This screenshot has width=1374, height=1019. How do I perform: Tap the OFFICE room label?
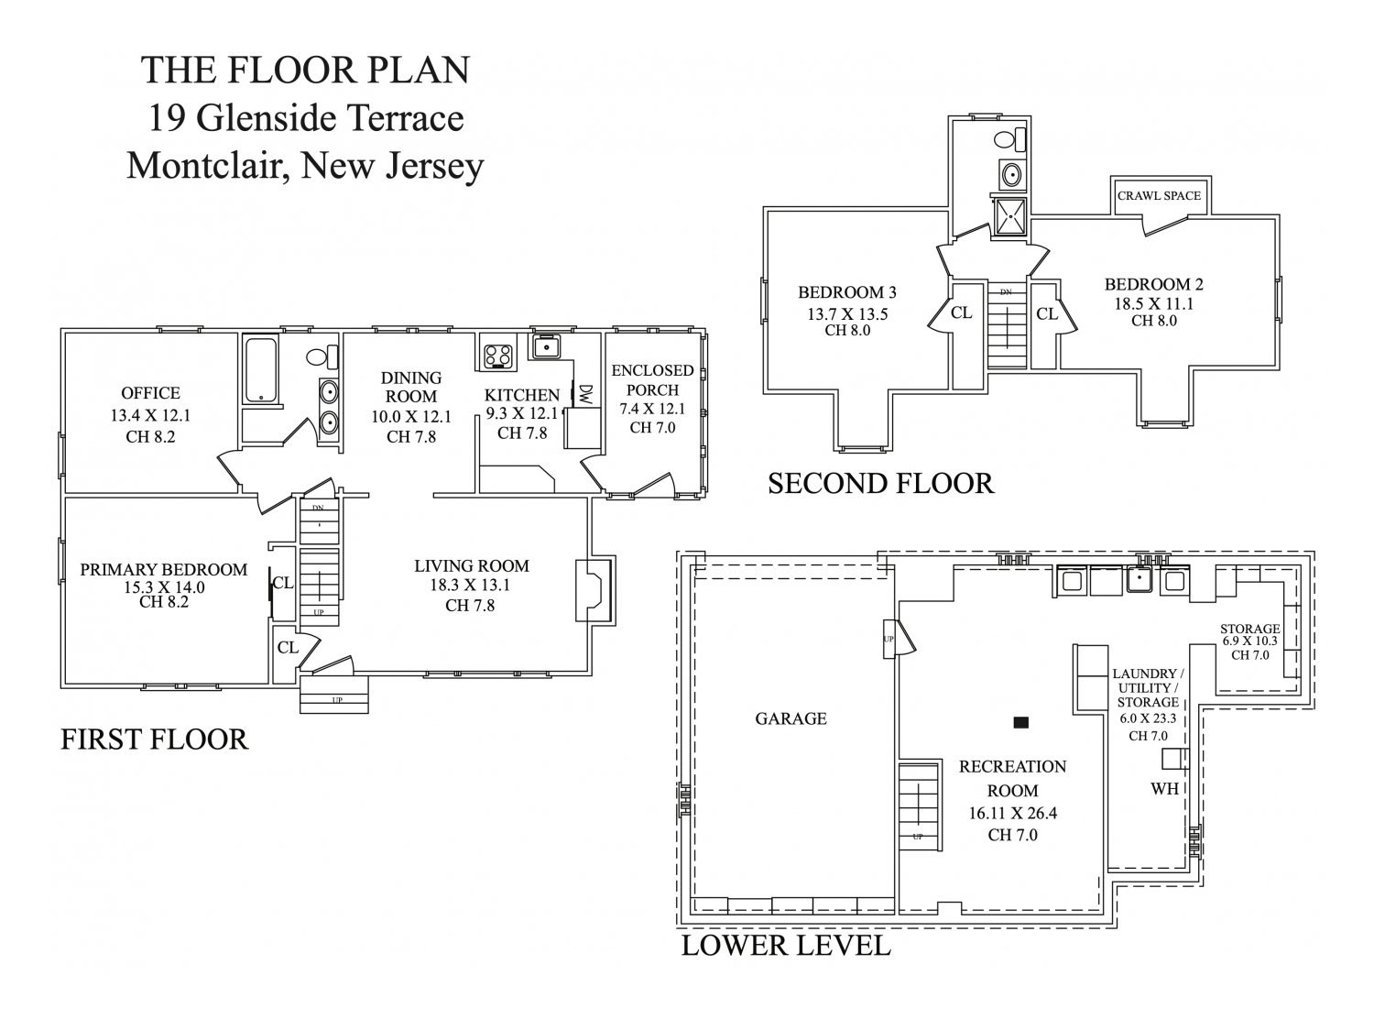(x=150, y=393)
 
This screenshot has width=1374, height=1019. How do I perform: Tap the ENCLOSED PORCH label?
(x=652, y=380)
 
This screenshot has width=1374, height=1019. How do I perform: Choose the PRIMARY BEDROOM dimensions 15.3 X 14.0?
(x=164, y=587)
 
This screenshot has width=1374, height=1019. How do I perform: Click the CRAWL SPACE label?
(x=1159, y=195)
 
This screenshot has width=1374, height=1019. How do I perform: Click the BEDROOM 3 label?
(x=847, y=293)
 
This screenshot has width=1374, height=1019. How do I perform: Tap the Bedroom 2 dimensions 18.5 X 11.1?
(x=1154, y=303)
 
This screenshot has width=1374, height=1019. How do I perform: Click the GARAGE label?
(x=791, y=718)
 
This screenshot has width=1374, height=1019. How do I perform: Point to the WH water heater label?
(x=1164, y=788)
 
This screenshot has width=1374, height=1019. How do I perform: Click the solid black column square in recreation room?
(x=1021, y=722)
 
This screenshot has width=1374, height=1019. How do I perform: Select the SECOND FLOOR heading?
(x=880, y=483)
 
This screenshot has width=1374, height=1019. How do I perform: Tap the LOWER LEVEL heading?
(x=786, y=945)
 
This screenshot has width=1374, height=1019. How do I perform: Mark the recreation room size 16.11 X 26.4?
(x=1012, y=813)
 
